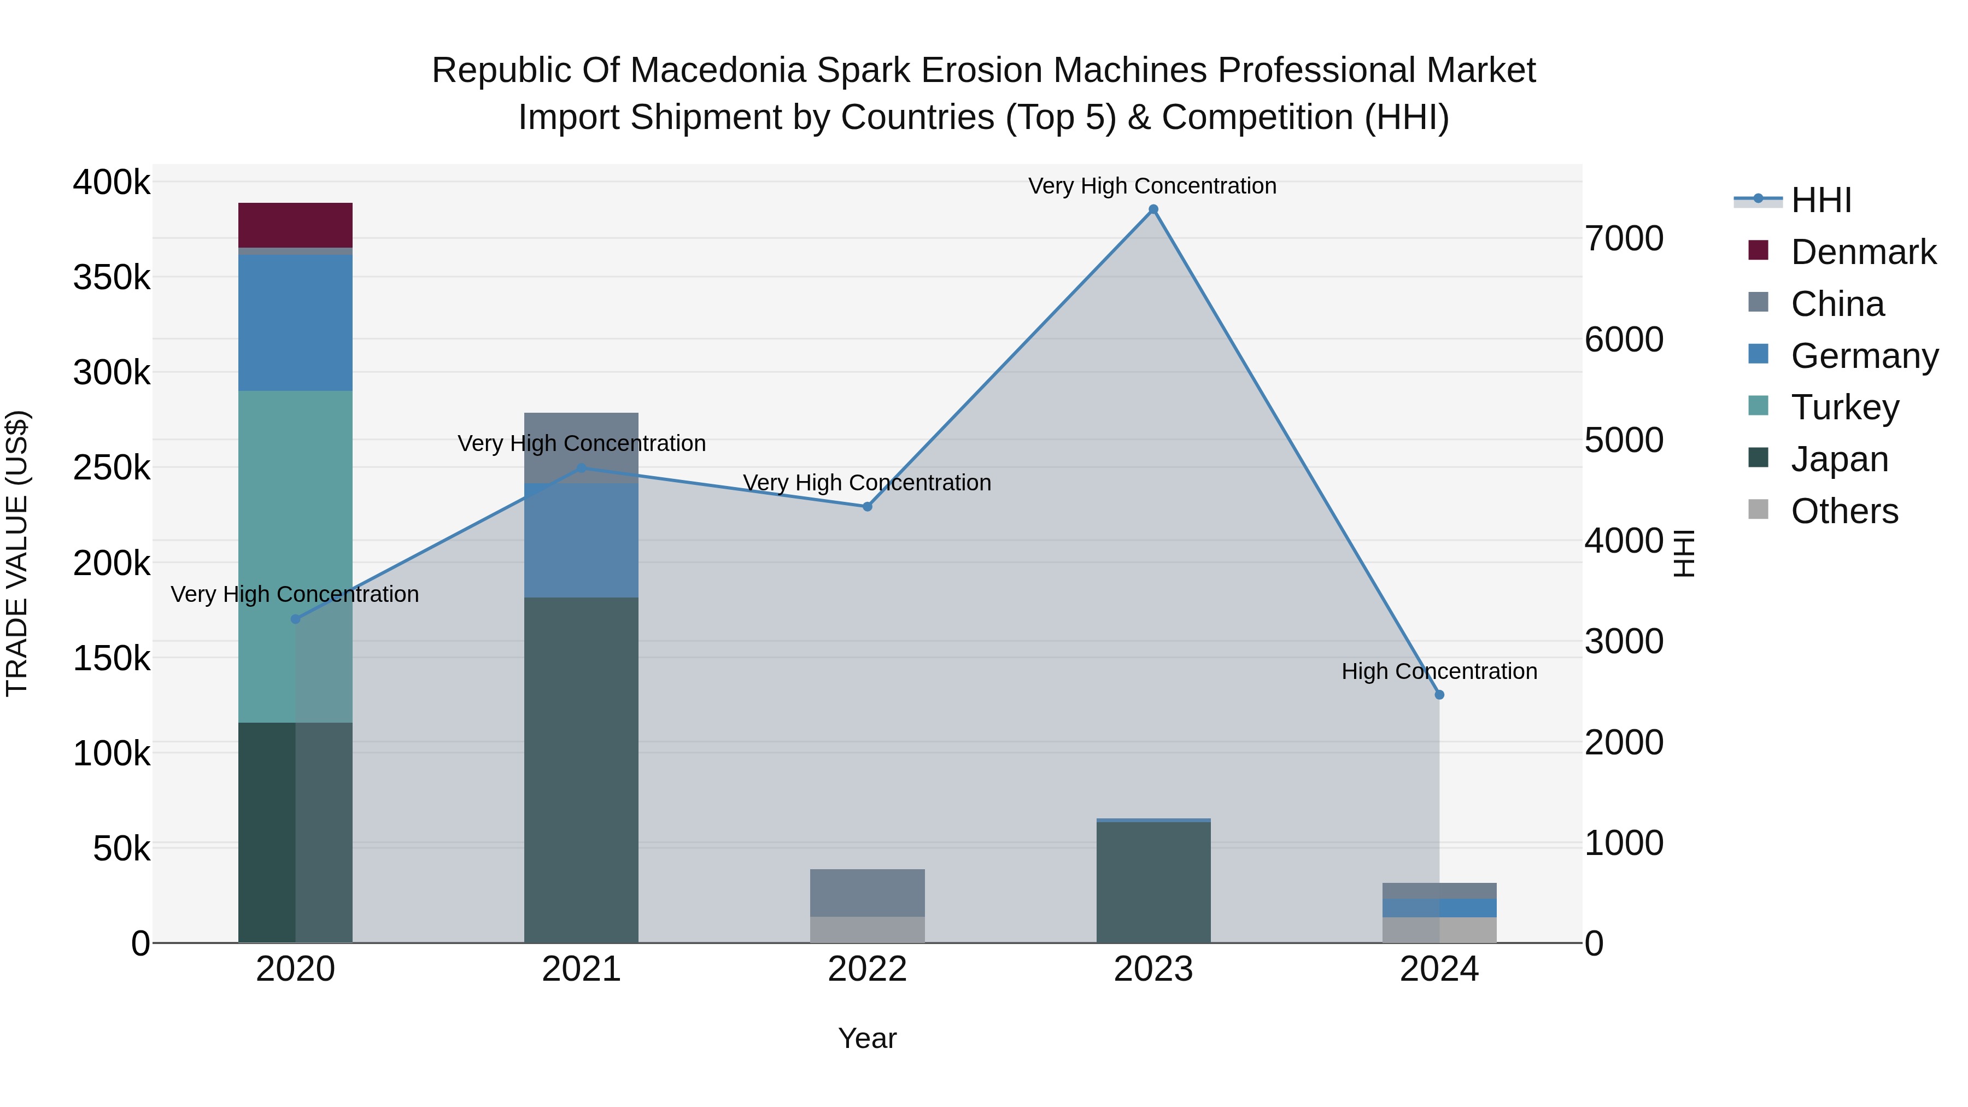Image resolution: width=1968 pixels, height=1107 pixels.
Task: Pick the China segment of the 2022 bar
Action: click(867, 892)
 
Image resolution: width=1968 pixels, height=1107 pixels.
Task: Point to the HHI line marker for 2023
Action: click(1153, 209)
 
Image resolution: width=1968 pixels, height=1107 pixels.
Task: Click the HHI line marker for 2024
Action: click(1439, 694)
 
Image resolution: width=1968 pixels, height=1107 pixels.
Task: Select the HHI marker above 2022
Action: click(867, 507)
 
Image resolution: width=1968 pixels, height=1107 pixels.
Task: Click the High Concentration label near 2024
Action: click(1439, 671)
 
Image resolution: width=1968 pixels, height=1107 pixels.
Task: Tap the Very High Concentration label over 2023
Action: click(1152, 186)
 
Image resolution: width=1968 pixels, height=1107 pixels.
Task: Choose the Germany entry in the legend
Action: click(1864, 356)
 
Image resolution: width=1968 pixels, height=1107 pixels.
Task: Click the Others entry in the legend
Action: click(1844, 511)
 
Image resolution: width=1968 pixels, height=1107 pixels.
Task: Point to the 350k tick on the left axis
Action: click(112, 277)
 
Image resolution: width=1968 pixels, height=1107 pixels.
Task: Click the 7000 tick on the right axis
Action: click(1624, 238)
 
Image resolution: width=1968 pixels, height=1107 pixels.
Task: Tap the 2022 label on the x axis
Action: click(867, 969)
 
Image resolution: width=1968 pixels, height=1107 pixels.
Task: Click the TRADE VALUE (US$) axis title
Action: click(17, 553)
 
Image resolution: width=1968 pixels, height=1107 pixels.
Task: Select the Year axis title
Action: click(867, 1038)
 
